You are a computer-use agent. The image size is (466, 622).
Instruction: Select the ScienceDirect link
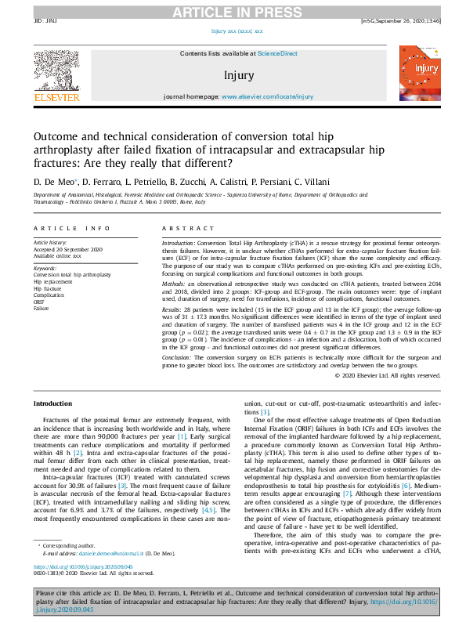pyautogui.click(x=277, y=52)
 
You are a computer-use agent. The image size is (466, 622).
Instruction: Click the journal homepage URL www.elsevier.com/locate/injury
pyautogui.click(x=267, y=96)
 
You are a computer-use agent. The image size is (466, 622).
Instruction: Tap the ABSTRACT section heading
pyautogui.click(x=186, y=228)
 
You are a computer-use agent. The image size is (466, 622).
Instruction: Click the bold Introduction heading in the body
pyautogui.click(x=52, y=403)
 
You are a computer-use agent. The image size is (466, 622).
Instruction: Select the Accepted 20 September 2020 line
pyautogui.click(x=68, y=249)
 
